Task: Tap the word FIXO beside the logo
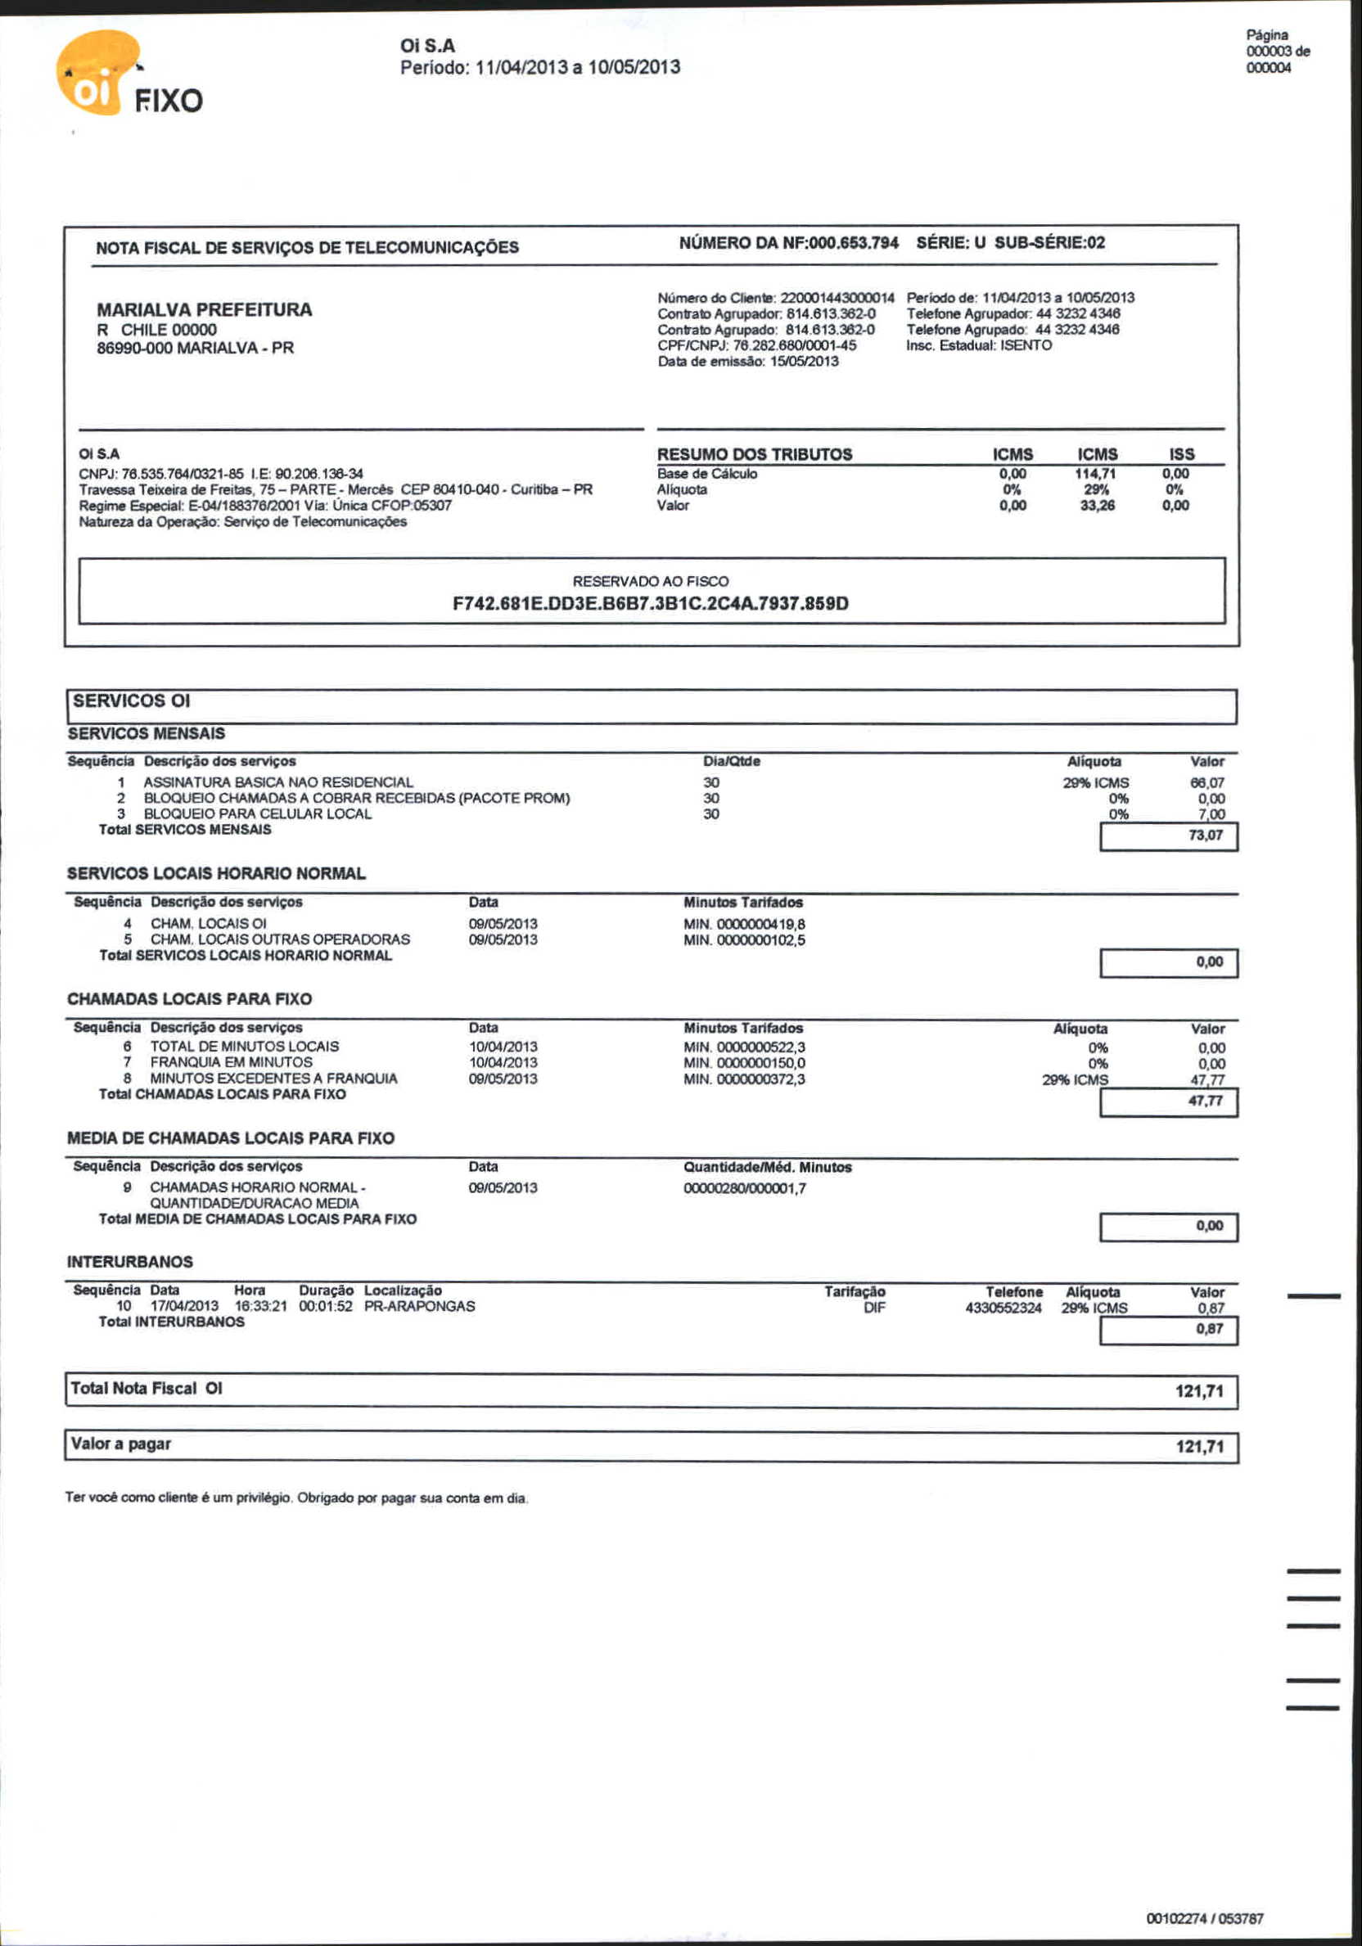[x=169, y=101]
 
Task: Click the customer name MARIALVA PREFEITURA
[x=205, y=309]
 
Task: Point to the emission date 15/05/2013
[x=805, y=361]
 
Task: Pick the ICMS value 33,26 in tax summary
[x=1098, y=505]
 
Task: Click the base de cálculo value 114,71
[x=1095, y=474]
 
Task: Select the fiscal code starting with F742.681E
[x=650, y=603]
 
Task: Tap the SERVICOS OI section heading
[x=131, y=701]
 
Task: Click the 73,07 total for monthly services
[x=1205, y=836]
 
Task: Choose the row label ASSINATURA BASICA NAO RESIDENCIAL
[x=278, y=782]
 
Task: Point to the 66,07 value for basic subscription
[x=1207, y=782]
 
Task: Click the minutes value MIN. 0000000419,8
[x=744, y=924]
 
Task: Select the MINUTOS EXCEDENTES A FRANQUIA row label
[x=273, y=1078]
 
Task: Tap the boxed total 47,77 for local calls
[x=1205, y=1101]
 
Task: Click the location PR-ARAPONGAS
[x=420, y=1306]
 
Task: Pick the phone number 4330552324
[x=1003, y=1308]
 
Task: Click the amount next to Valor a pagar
[x=1199, y=1447]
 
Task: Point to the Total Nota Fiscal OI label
[x=147, y=1388]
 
